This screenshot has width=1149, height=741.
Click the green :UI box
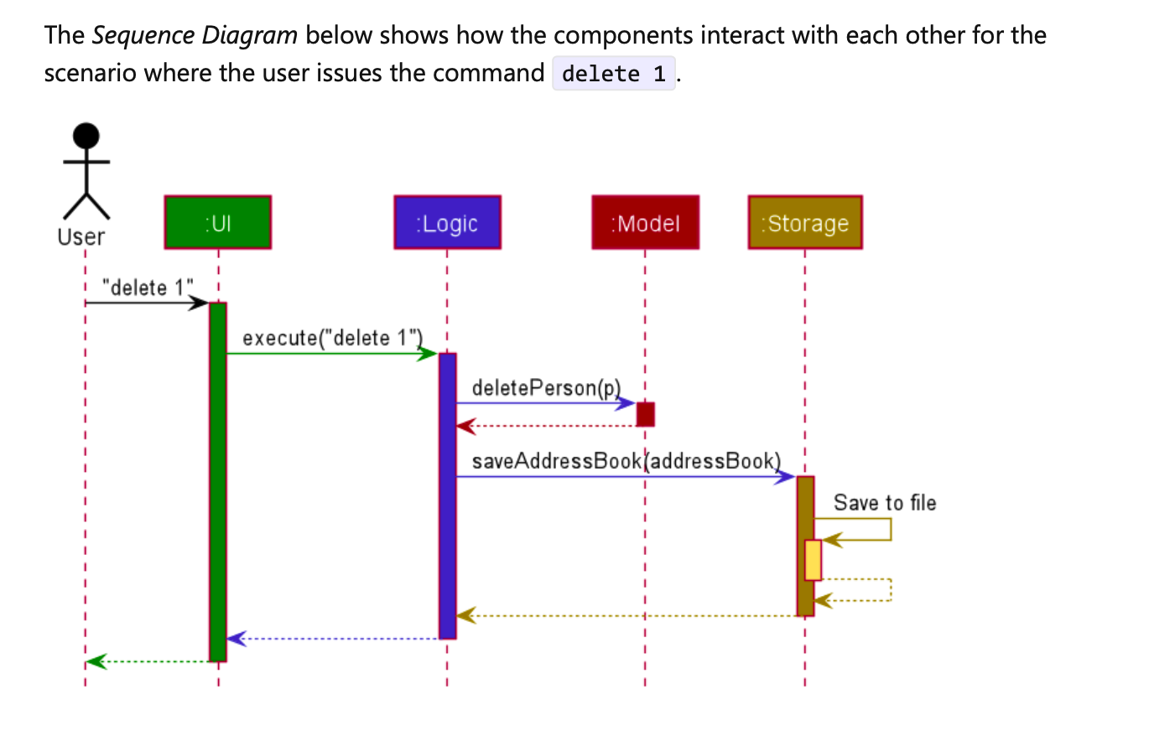tap(218, 222)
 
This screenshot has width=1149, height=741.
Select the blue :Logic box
tap(447, 222)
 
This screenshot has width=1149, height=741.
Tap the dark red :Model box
tap(645, 222)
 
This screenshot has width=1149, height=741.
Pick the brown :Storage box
tap(804, 222)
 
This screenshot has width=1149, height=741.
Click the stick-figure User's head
tap(86, 134)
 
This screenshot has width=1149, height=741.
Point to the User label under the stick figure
tap(81, 237)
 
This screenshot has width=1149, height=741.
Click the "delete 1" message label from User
tap(147, 288)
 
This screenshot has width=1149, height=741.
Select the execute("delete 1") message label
tap(330, 338)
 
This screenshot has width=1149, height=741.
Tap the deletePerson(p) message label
tap(545, 388)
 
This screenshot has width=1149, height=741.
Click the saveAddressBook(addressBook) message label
tap(626, 461)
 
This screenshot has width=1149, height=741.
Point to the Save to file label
tap(885, 503)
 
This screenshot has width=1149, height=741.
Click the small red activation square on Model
tap(645, 414)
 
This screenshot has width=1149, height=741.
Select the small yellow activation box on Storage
tap(813, 560)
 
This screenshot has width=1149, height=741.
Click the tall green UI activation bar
tap(218, 482)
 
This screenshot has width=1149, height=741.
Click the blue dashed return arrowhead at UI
tap(237, 639)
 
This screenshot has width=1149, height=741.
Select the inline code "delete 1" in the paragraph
tap(614, 74)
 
